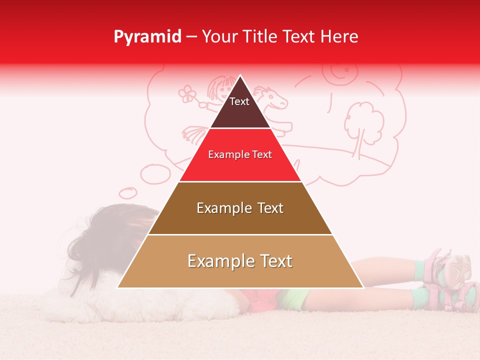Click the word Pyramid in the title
click(x=147, y=37)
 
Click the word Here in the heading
click(x=339, y=37)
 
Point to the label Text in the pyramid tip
click(x=239, y=101)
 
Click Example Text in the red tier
click(x=240, y=154)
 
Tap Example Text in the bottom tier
click(x=240, y=261)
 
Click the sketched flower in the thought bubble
click(x=187, y=93)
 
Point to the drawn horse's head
click(x=274, y=97)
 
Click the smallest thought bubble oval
click(x=127, y=192)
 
